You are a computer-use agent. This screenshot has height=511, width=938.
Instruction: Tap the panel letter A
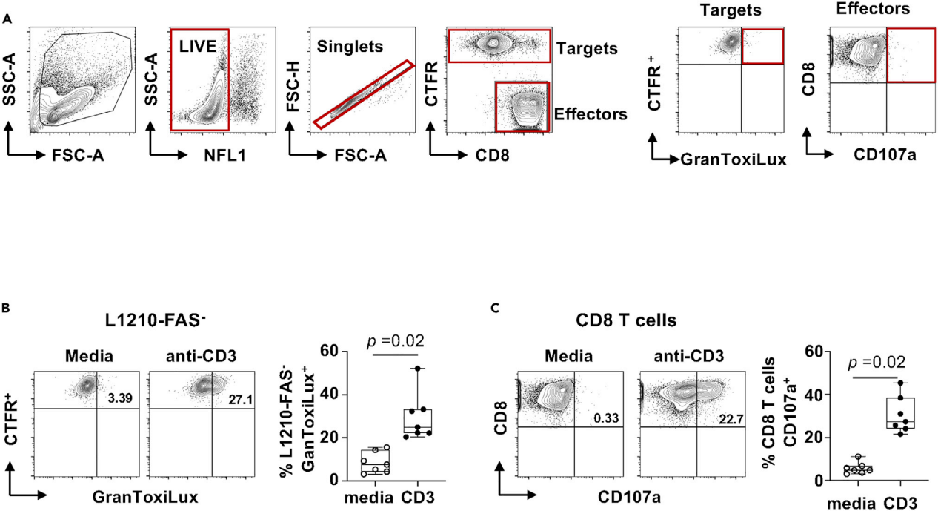click(x=7, y=19)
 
